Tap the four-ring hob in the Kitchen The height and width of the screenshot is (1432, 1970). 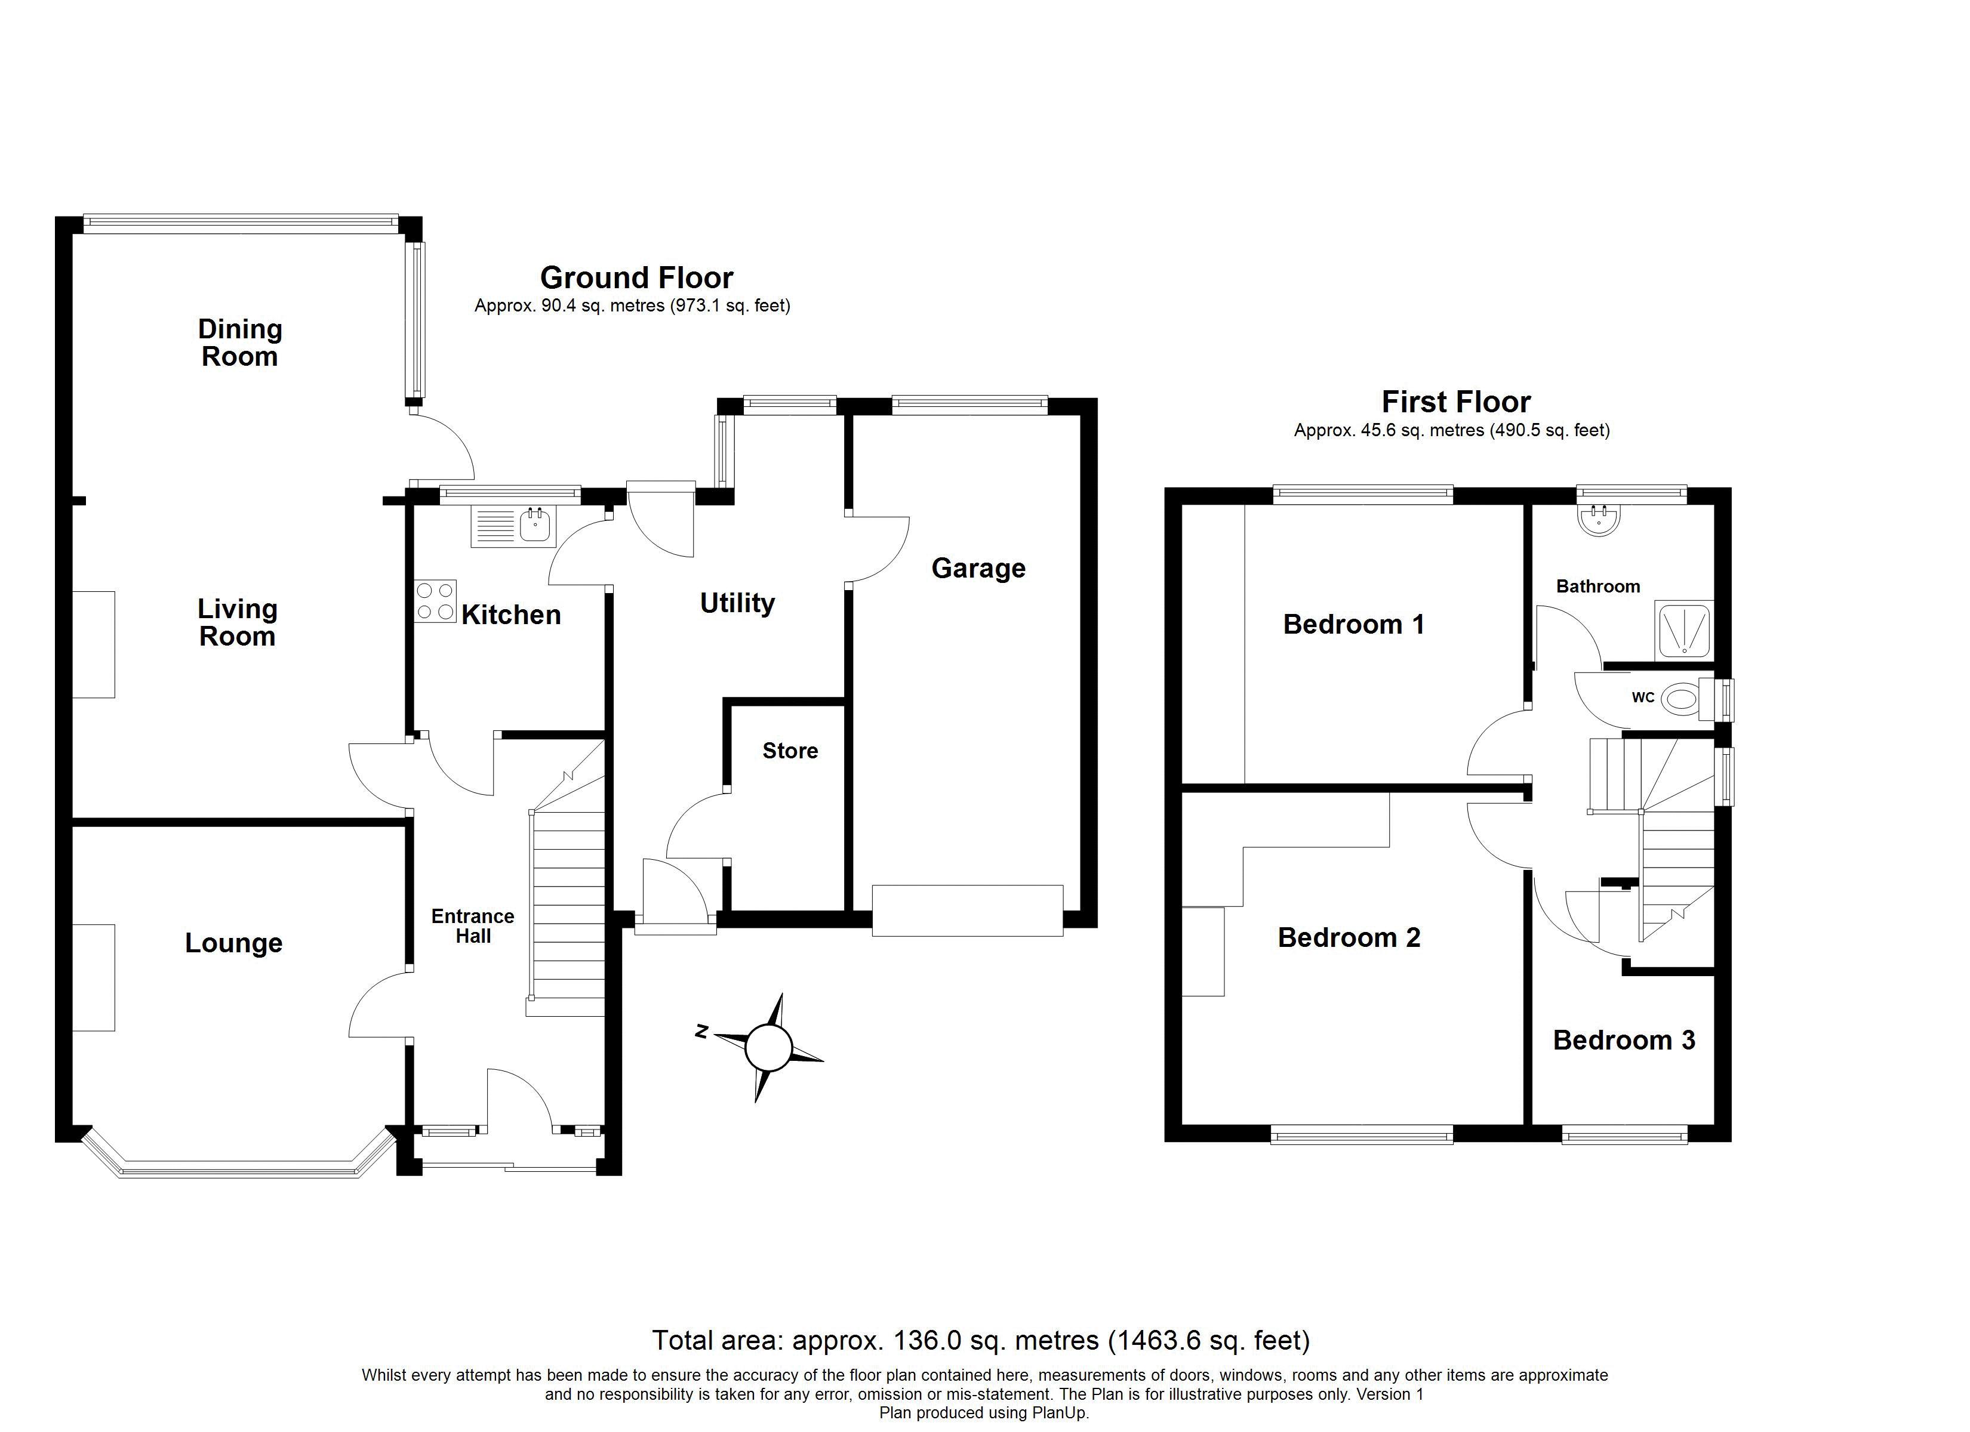click(x=435, y=601)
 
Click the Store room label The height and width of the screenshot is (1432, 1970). click(x=790, y=750)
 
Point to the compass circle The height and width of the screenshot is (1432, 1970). click(x=768, y=1048)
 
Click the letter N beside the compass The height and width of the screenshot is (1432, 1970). click(x=703, y=1032)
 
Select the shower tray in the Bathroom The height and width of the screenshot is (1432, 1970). click(x=1684, y=629)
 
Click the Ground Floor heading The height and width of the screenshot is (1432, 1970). click(x=637, y=278)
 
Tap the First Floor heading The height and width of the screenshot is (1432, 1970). click(x=1456, y=402)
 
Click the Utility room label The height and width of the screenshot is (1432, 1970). click(x=737, y=603)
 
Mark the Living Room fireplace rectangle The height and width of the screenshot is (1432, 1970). click(x=93, y=644)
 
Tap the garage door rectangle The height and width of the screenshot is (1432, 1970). click(x=968, y=910)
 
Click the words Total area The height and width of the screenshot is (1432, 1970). click(x=718, y=1340)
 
